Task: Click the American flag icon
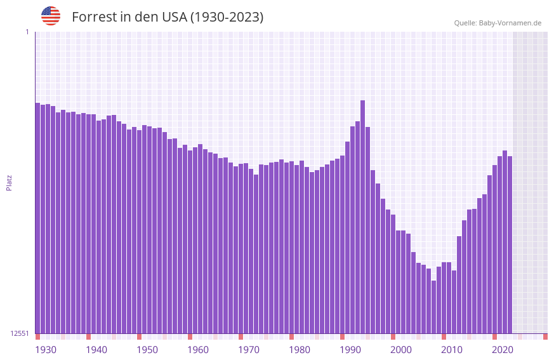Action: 51,16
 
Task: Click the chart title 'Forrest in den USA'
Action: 168,17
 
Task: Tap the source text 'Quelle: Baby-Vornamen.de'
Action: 498,23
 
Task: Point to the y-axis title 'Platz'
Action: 9,182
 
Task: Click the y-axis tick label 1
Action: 27,32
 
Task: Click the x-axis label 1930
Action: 46,350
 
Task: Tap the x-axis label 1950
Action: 147,350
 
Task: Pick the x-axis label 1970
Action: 249,350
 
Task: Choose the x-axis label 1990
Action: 350,350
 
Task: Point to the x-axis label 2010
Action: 452,350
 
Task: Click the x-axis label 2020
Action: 503,350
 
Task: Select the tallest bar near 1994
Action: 362,216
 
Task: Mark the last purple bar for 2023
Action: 510,244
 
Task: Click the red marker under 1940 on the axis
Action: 88,337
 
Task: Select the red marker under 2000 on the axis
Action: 393,337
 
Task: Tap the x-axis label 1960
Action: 198,350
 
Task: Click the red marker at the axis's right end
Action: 545,337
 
